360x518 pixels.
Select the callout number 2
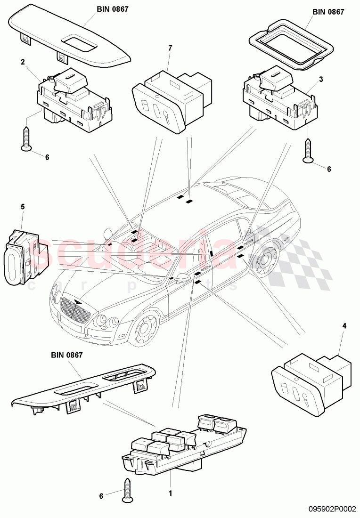point(22,62)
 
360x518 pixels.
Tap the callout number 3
point(321,80)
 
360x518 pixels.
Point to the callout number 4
point(344,325)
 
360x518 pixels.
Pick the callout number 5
point(23,206)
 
